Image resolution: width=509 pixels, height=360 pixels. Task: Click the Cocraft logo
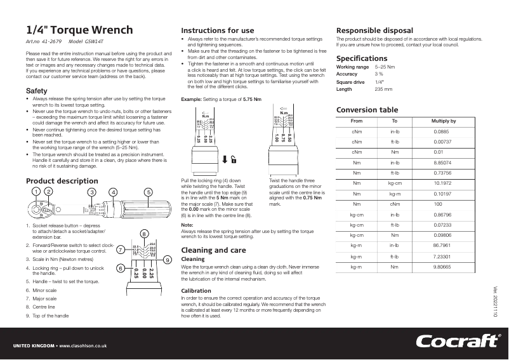[x=456, y=341]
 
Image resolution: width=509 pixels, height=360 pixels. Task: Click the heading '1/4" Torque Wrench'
[x=79, y=30]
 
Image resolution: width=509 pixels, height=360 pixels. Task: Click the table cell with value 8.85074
[x=442, y=162]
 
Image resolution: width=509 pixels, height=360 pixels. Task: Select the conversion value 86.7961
[x=442, y=244]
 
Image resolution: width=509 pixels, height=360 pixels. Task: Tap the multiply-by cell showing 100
[x=438, y=203]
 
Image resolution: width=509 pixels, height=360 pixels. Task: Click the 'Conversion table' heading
[x=367, y=109]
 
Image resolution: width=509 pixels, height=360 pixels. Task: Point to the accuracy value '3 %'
[x=379, y=74]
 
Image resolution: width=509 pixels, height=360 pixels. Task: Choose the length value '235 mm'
[x=383, y=89]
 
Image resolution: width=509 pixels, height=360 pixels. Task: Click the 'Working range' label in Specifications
[x=352, y=67]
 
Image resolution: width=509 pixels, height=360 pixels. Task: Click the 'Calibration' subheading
[x=196, y=290]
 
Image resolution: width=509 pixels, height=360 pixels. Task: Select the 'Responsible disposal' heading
[x=374, y=30]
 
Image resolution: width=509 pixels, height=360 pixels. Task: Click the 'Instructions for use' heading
[x=218, y=30]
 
